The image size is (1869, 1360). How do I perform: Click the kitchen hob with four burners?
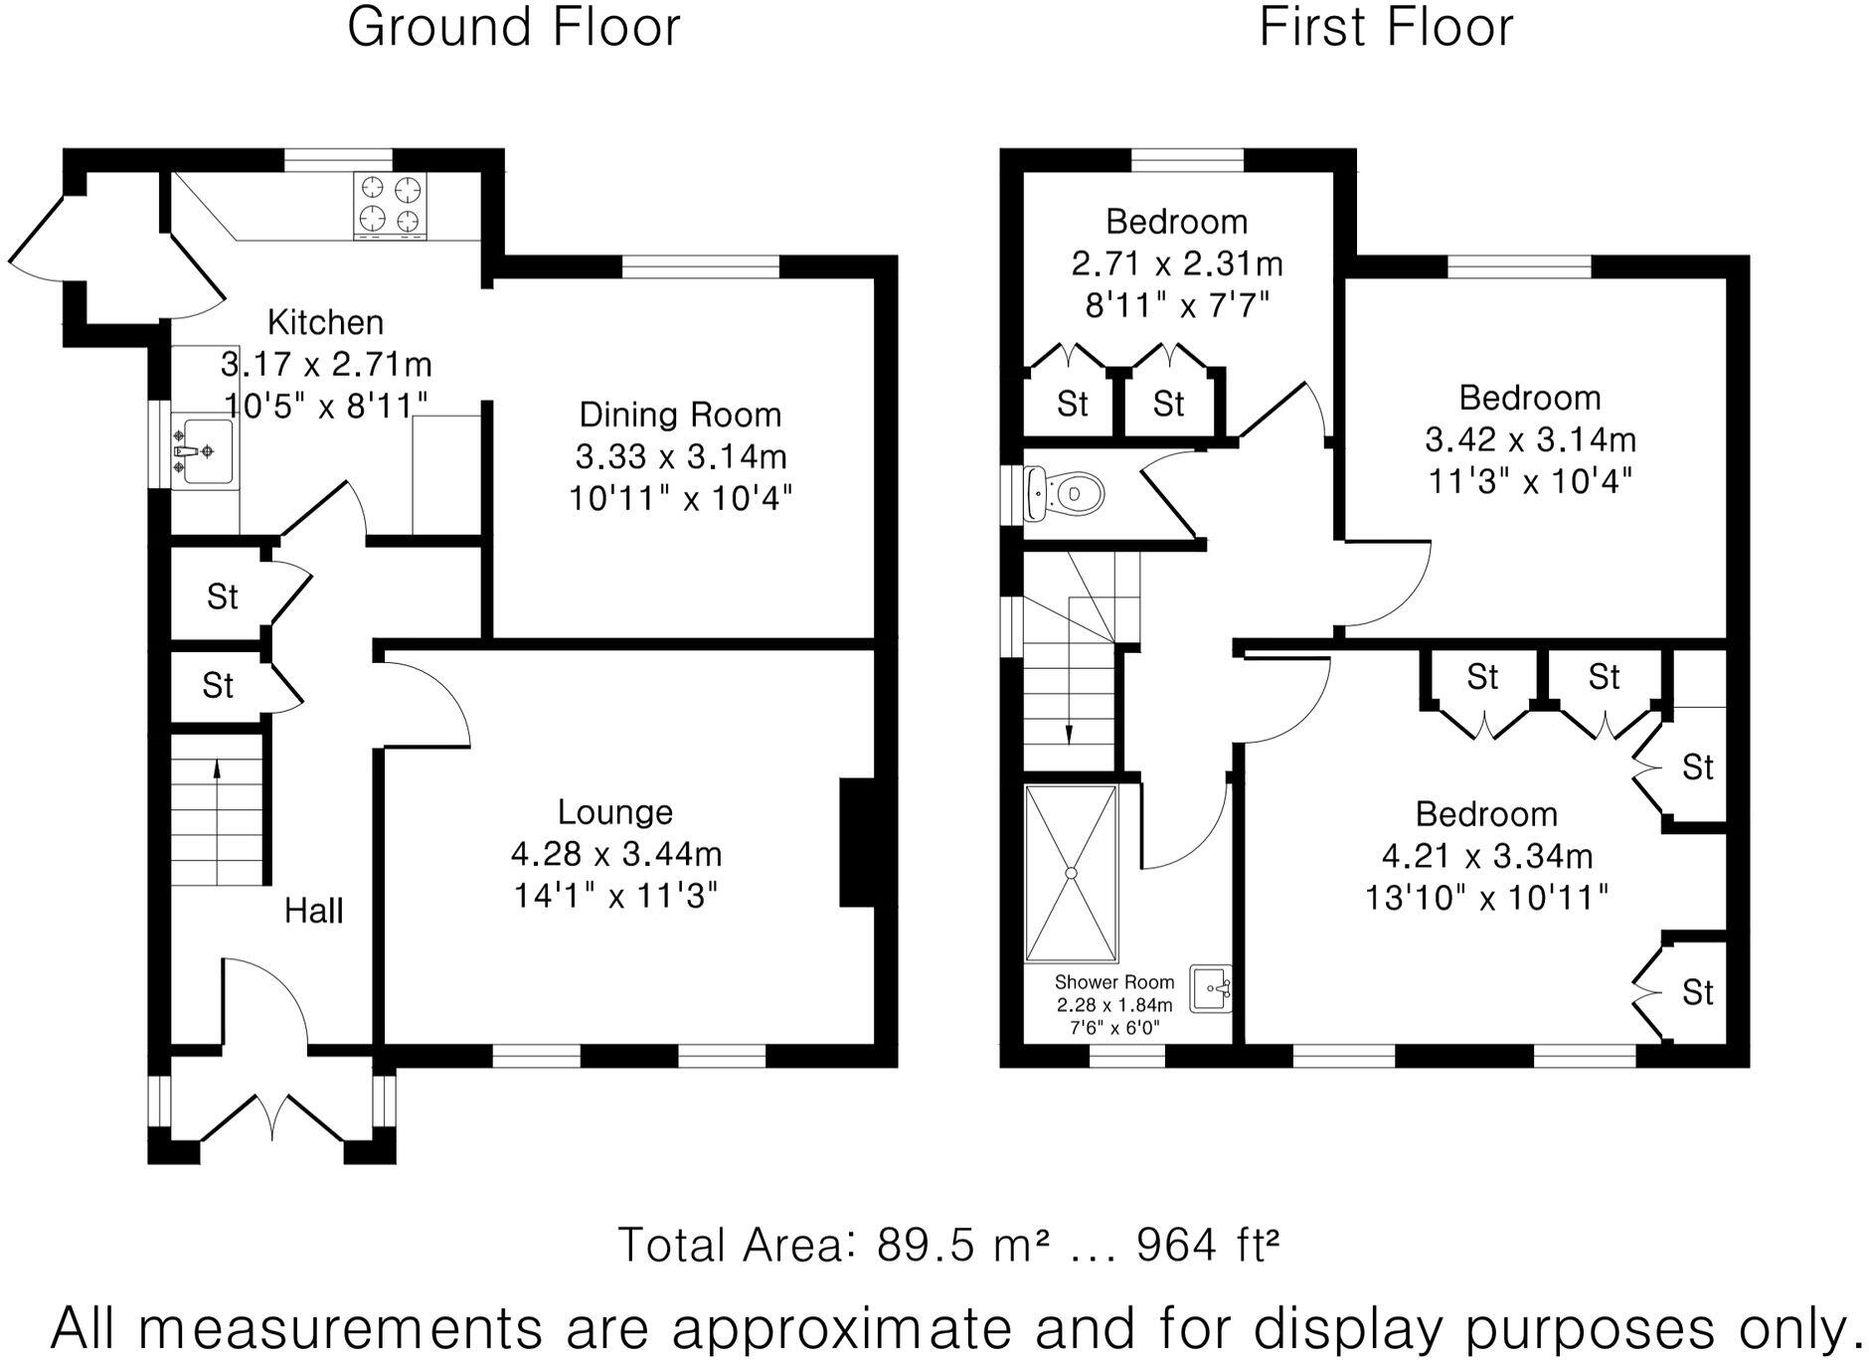click(x=390, y=205)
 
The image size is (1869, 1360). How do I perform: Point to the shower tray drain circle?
click(x=1072, y=873)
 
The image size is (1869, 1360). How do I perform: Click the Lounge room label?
click(x=614, y=812)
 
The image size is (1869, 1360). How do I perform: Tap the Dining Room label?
click(x=680, y=415)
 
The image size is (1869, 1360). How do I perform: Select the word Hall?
click(x=313, y=911)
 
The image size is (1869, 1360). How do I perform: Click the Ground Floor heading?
click(x=513, y=27)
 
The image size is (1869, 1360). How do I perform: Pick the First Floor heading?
click(x=1386, y=27)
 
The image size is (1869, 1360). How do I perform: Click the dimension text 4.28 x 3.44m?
click(x=615, y=854)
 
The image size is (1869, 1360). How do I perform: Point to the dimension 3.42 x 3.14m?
click(x=1530, y=439)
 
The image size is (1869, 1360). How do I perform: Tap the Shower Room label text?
click(x=1113, y=982)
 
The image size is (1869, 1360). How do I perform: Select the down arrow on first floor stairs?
click(x=1069, y=733)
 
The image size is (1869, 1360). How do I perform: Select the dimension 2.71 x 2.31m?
click(x=1177, y=263)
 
